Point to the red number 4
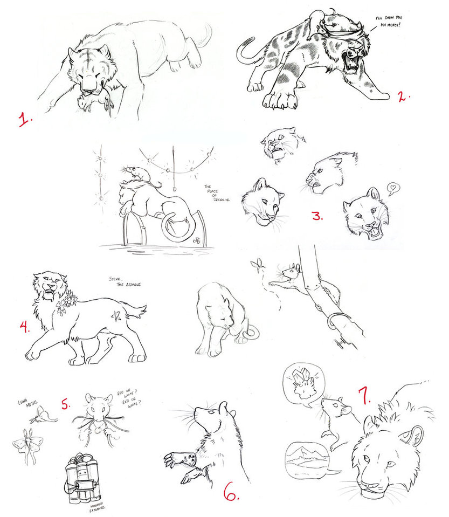[25, 326]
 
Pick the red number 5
[65, 404]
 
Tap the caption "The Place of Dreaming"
[217, 192]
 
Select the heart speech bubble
[393, 189]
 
